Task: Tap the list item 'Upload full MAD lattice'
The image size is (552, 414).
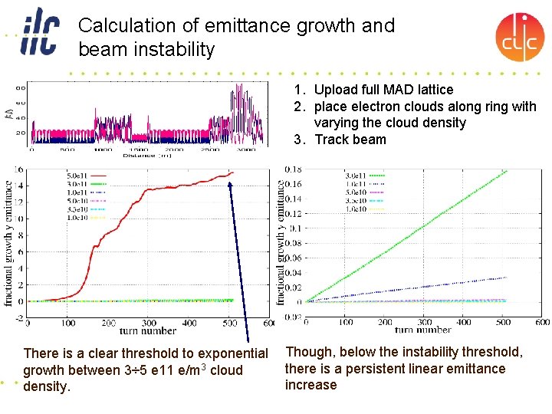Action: pos(383,90)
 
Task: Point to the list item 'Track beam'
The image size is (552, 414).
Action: pos(350,140)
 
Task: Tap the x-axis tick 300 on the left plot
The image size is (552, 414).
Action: pos(149,324)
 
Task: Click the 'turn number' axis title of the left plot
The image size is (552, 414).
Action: pos(147,331)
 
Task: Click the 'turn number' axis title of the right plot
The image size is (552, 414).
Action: pos(422,330)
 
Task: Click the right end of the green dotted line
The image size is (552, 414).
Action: pos(507,171)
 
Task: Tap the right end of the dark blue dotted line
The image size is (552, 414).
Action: pos(507,278)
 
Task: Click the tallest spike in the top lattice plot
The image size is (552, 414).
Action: pos(232,90)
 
